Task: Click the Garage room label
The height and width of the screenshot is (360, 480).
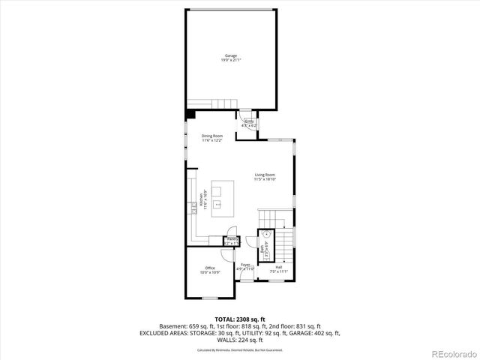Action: click(232, 55)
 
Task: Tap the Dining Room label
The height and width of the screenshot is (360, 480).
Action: click(212, 136)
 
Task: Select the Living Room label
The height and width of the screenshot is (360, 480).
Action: click(265, 175)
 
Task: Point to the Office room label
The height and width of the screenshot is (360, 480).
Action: click(210, 268)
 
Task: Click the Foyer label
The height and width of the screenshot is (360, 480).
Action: click(246, 265)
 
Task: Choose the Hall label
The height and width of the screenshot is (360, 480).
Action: click(278, 267)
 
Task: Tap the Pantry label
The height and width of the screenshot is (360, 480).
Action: click(232, 238)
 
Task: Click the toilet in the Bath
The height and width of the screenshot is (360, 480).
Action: click(267, 235)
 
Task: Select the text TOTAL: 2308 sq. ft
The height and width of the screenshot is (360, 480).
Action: click(240, 319)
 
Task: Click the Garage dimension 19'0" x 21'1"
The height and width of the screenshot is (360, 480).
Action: click(232, 61)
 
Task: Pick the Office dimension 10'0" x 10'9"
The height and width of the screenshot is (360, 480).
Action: click(210, 273)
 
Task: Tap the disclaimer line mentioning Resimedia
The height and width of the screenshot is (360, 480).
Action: click(240, 349)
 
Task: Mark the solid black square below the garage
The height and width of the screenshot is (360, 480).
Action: click(190, 113)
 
